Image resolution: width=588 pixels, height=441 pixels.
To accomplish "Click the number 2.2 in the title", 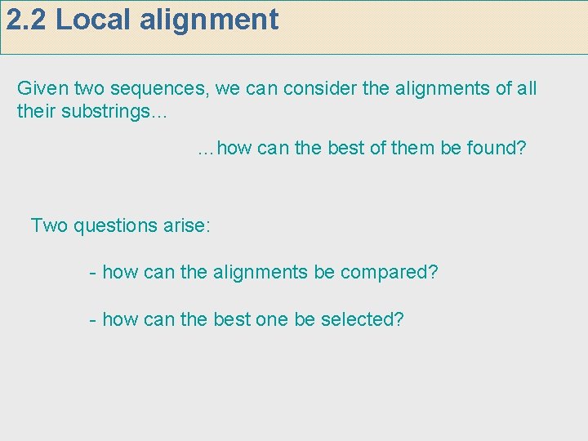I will [x=27, y=20].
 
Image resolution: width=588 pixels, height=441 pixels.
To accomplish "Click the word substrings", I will [x=109, y=111].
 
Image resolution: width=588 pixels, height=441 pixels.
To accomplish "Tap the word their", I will [x=33, y=111].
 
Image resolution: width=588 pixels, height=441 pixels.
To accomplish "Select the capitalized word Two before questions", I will [x=48, y=225].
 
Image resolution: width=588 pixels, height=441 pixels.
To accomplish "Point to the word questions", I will [x=111, y=225].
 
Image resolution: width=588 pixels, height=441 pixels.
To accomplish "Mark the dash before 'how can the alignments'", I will [x=93, y=273].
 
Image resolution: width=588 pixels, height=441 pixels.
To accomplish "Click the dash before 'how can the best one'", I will [x=93, y=320].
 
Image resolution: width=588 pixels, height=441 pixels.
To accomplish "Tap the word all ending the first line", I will [x=527, y=88].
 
